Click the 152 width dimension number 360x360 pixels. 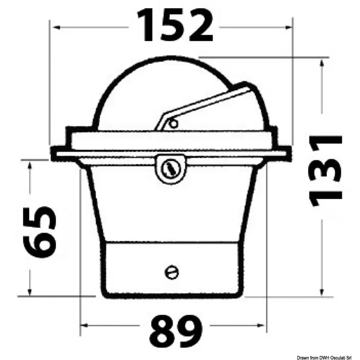coord(175,25)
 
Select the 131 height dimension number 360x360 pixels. coord(325,171)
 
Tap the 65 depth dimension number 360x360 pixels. coord(40,232)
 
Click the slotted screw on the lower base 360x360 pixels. coord(172,273)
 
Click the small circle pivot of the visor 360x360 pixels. coord(173,124)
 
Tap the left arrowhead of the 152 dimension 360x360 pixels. coord(57,27)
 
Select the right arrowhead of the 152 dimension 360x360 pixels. coord(288,27)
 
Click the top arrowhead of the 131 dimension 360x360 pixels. coord(322,63)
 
